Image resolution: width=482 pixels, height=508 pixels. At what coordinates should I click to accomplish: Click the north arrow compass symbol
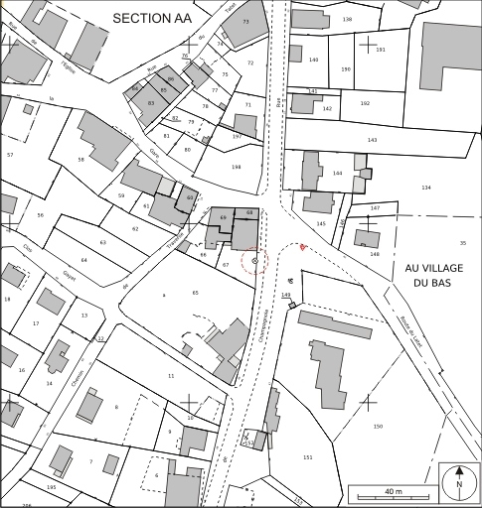pos(458,482)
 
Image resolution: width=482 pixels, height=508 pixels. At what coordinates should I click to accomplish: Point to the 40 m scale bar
pos(392,493)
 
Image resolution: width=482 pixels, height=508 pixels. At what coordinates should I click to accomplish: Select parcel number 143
pos(372,141)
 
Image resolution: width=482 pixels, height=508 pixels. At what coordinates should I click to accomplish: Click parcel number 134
pos(426,187)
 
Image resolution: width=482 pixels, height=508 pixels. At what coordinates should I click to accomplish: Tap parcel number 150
pos(378,426)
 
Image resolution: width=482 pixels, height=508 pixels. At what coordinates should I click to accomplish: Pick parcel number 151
pos(307,456)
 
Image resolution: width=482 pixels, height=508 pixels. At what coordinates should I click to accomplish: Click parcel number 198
pos(236,167)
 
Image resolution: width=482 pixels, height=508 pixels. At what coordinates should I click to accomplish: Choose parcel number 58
pos(80,159)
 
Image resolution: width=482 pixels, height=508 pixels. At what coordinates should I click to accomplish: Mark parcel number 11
pos(171,376)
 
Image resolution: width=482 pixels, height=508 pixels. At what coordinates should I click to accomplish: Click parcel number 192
pos(365,103)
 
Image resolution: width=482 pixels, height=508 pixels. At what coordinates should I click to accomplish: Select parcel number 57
pos(10,154)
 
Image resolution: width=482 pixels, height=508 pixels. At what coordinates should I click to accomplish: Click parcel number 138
pos(347,20)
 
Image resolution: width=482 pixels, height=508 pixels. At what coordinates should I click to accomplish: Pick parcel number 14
pos(49,383)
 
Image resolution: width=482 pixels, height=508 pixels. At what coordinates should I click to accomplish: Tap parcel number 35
pos(462,242)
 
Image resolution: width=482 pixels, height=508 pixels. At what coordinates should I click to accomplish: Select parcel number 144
pos(337,173)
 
